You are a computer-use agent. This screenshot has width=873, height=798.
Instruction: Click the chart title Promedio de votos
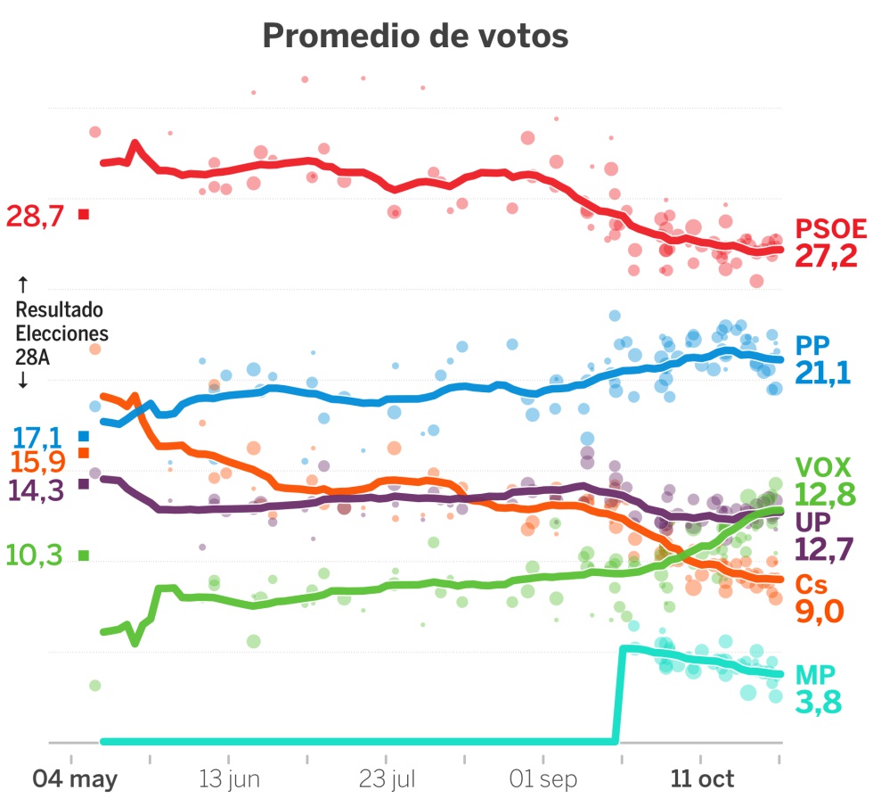point(415,37)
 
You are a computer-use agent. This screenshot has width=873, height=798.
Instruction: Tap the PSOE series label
point(830,229)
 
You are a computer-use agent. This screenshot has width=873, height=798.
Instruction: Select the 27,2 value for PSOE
point(826,257)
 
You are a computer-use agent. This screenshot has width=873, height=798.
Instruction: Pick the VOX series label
point(822,466)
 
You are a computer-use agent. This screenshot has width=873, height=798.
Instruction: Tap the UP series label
point(812,522)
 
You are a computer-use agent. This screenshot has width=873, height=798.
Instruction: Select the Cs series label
point(810,584)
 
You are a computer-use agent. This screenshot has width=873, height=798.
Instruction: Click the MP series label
point(816,673)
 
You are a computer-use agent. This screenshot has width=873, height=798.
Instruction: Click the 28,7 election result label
point(35,216)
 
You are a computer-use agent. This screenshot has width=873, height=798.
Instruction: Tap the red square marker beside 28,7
point(84,214)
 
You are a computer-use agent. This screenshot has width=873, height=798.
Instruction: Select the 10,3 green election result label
point(35,555)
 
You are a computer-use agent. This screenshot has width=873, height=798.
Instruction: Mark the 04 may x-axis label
point(75,778)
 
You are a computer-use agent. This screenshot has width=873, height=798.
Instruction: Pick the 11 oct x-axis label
point(703,778)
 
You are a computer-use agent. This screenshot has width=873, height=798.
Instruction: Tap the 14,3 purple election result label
point(35,489)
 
